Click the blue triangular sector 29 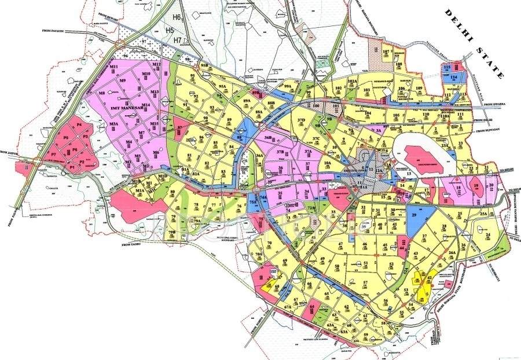tap(414, 216)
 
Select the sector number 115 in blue tap(446, 68)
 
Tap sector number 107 tap(386, 52)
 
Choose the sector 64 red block tap(313, 307)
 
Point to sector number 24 tap(488, 234)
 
